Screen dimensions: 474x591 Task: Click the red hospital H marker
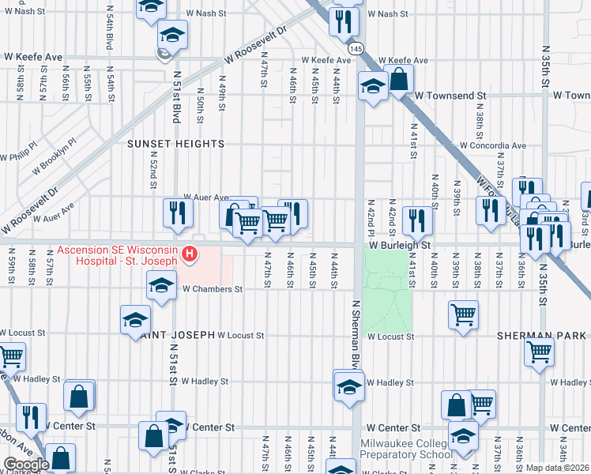click(190, 254)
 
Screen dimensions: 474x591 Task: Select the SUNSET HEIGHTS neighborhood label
click(177, 144)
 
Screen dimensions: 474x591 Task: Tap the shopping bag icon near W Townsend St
click(400, 79)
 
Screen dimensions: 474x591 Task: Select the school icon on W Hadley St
click(348, 387)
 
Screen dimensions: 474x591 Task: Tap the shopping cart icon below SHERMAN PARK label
click(539, 352)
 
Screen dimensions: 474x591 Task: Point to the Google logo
click(26, 464)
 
